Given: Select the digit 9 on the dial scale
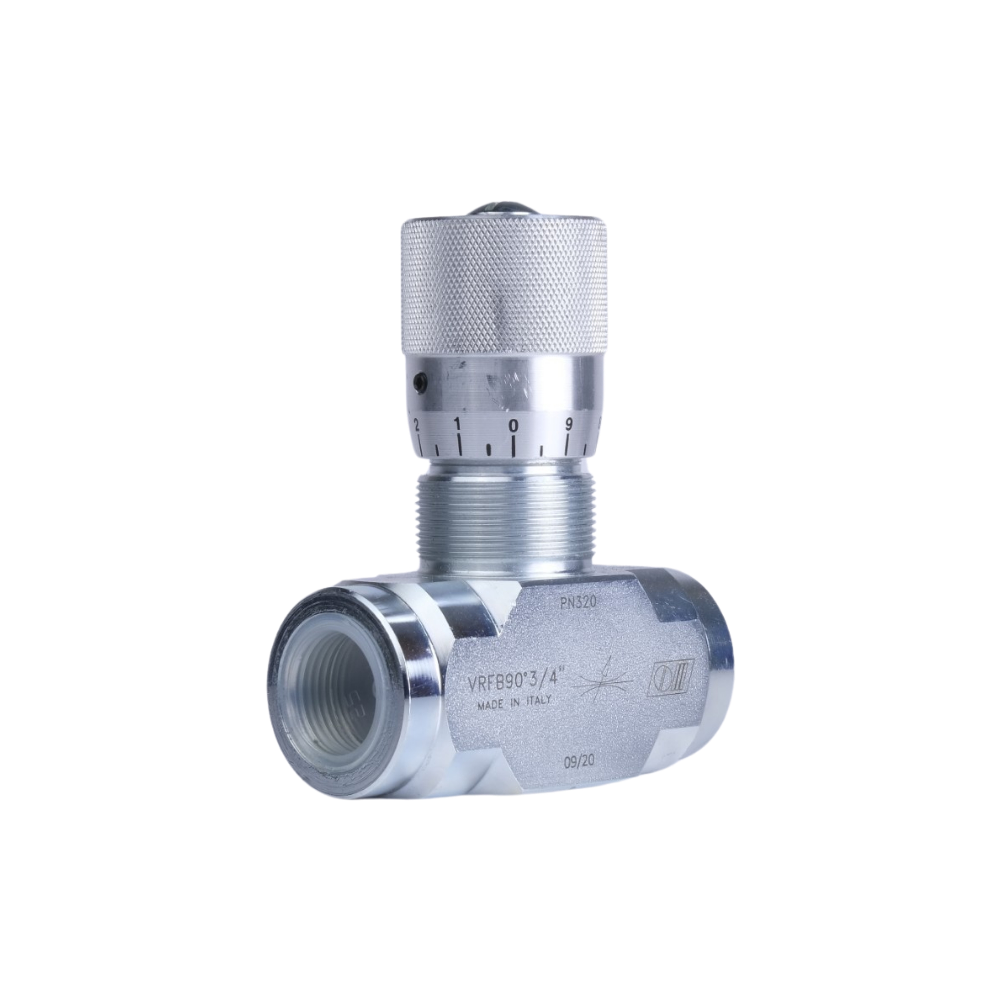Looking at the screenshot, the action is point(568,410).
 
